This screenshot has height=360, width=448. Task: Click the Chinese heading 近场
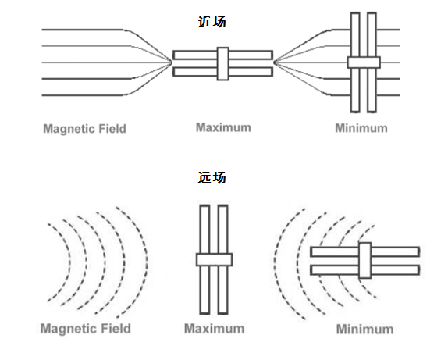[212, 22]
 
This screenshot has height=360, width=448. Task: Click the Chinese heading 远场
[212, 177]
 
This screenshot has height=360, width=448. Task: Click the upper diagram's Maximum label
[223, 127]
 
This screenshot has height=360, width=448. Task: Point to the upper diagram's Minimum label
[361, 128]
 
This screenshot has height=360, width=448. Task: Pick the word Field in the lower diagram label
[116, 329]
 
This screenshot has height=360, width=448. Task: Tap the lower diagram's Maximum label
[215, 329]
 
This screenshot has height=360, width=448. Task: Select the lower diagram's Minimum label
[364, 329]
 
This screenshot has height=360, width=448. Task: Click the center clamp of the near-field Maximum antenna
[223, 64]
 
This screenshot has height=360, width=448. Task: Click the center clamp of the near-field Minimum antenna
[364, 62]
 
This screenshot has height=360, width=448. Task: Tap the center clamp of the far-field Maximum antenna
[214, 259]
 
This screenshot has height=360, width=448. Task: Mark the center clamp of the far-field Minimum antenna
[364, 260]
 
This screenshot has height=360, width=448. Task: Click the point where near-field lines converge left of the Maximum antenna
[172, 62]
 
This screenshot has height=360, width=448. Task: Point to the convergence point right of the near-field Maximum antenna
[274, 62]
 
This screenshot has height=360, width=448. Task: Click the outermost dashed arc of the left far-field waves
[148, 262]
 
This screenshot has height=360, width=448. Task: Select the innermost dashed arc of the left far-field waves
[69, 262]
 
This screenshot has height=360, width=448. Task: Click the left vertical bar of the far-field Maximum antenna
[204, 259]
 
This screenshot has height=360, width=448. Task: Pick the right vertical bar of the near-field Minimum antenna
[372, 62]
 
